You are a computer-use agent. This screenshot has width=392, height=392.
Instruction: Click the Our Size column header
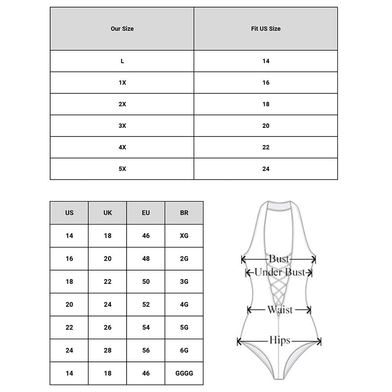(x=122, y=29)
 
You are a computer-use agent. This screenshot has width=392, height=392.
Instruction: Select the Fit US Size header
(x=266, y=29)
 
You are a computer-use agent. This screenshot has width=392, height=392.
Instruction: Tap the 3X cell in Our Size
(x=122, y=126)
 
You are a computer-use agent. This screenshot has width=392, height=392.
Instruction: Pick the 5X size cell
(x=122, y=169)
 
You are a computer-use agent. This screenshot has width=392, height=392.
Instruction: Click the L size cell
(x=122, y=61)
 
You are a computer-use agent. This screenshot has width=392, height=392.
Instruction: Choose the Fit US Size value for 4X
(x=266, y=147)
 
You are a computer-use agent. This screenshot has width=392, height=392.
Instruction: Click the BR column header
(x=184, y=213)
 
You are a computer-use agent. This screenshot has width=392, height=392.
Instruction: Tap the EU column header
(x=146, y=213)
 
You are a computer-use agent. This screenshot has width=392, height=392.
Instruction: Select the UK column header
(x=108, y=213)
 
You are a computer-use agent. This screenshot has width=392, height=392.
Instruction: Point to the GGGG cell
(x=184, y=374)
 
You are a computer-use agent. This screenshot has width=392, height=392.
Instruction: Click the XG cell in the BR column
(x=184, y=236)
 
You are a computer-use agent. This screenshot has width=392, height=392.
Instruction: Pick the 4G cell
(x=184, y=305)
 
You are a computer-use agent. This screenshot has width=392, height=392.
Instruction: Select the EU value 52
(x=146, y=305)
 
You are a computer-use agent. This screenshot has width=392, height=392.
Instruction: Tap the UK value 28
(x=108, y=350)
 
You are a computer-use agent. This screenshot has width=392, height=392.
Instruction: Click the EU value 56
(x=146, y=350)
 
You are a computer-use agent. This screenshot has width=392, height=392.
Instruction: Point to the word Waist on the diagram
(x=280, y=310)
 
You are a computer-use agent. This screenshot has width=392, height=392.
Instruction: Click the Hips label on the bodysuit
(x=279, y=340)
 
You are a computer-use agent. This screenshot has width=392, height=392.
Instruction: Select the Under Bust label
(x=279, y=272)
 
